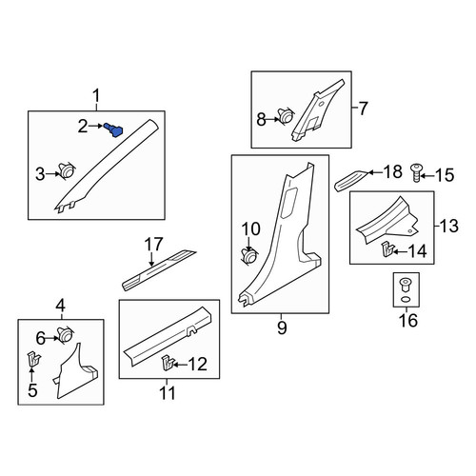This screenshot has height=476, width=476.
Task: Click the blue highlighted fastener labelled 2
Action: (x=114, y=129)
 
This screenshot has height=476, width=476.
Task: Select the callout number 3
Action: (x=40, y=174)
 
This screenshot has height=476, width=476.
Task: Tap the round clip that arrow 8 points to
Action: (x=287, y=116)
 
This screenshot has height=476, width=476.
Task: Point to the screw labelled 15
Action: (x=417, y=172)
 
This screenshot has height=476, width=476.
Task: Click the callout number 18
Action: (x=393, y=171)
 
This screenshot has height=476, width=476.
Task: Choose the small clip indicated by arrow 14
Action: (x=387, y=249)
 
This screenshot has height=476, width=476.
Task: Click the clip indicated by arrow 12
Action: (x=169, y=363)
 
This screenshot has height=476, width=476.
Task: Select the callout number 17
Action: (x=153, y=245)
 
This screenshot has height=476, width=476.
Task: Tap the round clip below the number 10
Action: (x=250, y=256)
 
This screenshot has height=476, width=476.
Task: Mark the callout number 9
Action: (x=282, y=327)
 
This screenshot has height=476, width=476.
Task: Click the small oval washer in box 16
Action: (x=406, y=299)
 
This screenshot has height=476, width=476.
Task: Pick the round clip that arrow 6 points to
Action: (x=65, y=335)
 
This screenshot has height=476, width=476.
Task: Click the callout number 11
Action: (x=168, y=393)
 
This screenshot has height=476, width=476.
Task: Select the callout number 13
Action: (x=449, y=226)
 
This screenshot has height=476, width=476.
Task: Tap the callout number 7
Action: (x=363, y=109)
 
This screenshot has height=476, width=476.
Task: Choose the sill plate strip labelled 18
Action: (x=352, y=181)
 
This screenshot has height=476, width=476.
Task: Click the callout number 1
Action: (x=96, y=96)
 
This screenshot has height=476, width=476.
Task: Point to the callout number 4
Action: (x=61, y=306)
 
